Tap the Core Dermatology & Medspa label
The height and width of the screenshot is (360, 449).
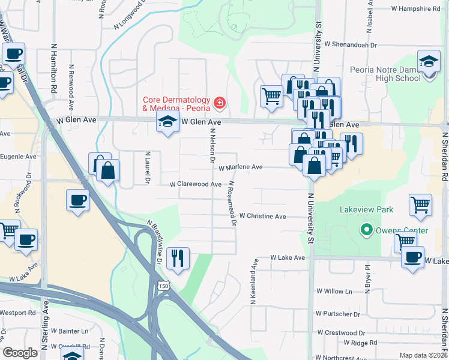pyautogui.click(x=176, y=104)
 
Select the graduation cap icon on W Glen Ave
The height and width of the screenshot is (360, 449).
pyautogui.click(x=167, y=122)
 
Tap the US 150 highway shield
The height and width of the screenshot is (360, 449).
pyautogui.click(x=163, y=287)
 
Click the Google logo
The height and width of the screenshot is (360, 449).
pyautogui.click(x=20, y=352)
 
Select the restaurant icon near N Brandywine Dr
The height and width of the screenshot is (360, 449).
pyautogui.click(x=178, y=259)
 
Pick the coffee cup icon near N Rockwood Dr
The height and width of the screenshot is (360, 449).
pyautogui.click(x=77, y=200)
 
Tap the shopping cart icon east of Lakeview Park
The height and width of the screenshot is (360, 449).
pyautogui.click(x=420, y=205)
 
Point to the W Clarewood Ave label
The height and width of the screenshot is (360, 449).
pyautogui.click(x=196, y=185)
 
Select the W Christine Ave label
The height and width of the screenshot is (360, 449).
pyautogui.click(x=262, y=216)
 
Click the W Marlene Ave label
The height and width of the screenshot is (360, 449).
pyautogui.click(x=240, y=168)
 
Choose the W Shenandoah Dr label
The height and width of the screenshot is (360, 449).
pyautogui.click(x=350, y=44)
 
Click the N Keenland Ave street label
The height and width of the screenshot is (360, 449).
pyautogui.click(x=255, y=276)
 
